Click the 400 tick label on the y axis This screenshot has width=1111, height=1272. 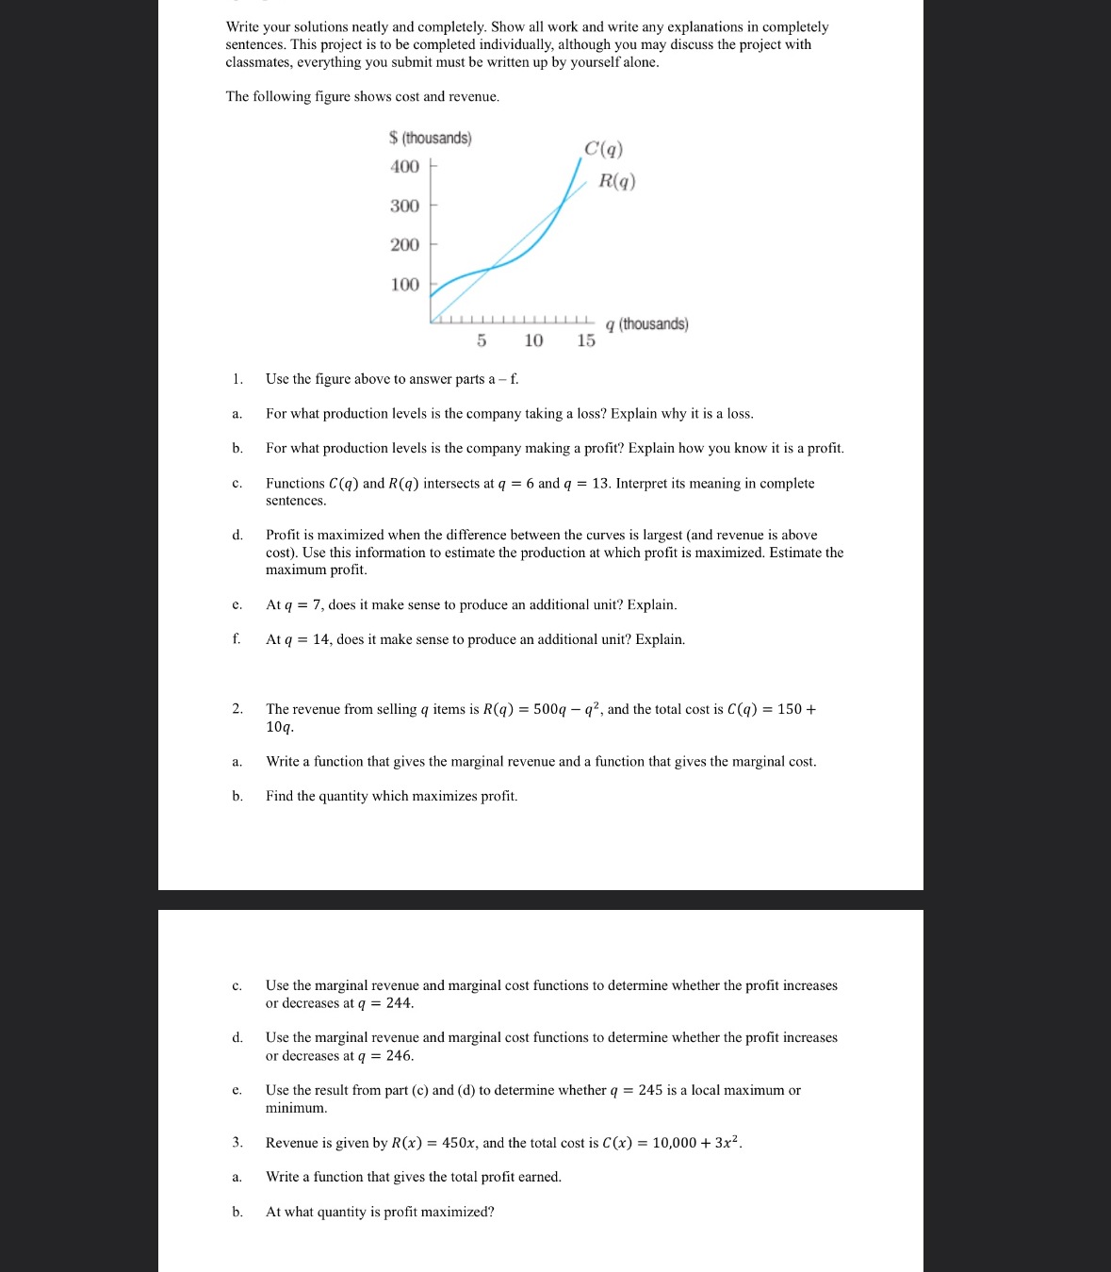[404, 167]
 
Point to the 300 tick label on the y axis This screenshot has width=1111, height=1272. [404, 206]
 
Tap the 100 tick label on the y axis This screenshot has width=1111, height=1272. [404, 285]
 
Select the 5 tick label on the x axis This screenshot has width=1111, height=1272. [482, 340]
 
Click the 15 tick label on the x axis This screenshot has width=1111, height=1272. [586, 340]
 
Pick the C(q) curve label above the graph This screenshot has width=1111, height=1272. [603, 149]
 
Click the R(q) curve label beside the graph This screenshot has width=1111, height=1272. [617, 181]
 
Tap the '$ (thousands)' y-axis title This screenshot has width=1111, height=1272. [430, 139]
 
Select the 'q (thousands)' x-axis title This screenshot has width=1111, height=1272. [647, 324]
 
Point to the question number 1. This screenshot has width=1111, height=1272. [237, 379]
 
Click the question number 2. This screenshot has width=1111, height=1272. [237, 709]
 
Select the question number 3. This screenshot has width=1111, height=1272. [237, 1143]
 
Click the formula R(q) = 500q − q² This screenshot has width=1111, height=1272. [541, 709]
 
